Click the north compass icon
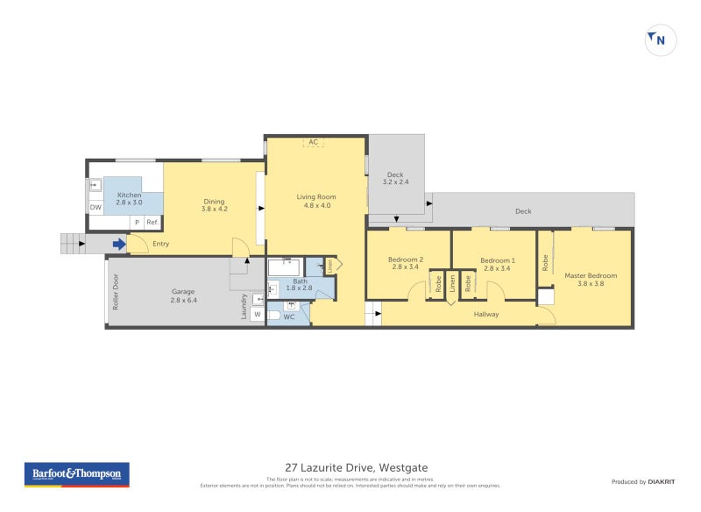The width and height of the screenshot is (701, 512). point(661,39)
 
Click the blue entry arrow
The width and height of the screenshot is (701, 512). point(117,244)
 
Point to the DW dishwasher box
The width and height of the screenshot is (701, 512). point(95,208)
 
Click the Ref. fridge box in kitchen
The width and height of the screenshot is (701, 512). point(152,223)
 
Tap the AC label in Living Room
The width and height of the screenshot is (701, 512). point(313,142)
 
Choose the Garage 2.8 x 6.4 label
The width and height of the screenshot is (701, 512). point(183,296)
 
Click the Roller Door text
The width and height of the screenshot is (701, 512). point(114,292)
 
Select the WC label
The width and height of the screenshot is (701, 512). point(289,316)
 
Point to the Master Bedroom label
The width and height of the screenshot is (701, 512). point(591,280)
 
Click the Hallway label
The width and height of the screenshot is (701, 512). point(486,314)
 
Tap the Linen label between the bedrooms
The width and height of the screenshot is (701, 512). point(452,284)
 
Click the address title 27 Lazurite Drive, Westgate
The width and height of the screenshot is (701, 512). point(357,467)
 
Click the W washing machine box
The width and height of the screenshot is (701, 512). point(258,314)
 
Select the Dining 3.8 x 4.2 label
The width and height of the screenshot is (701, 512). point(215,203)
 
